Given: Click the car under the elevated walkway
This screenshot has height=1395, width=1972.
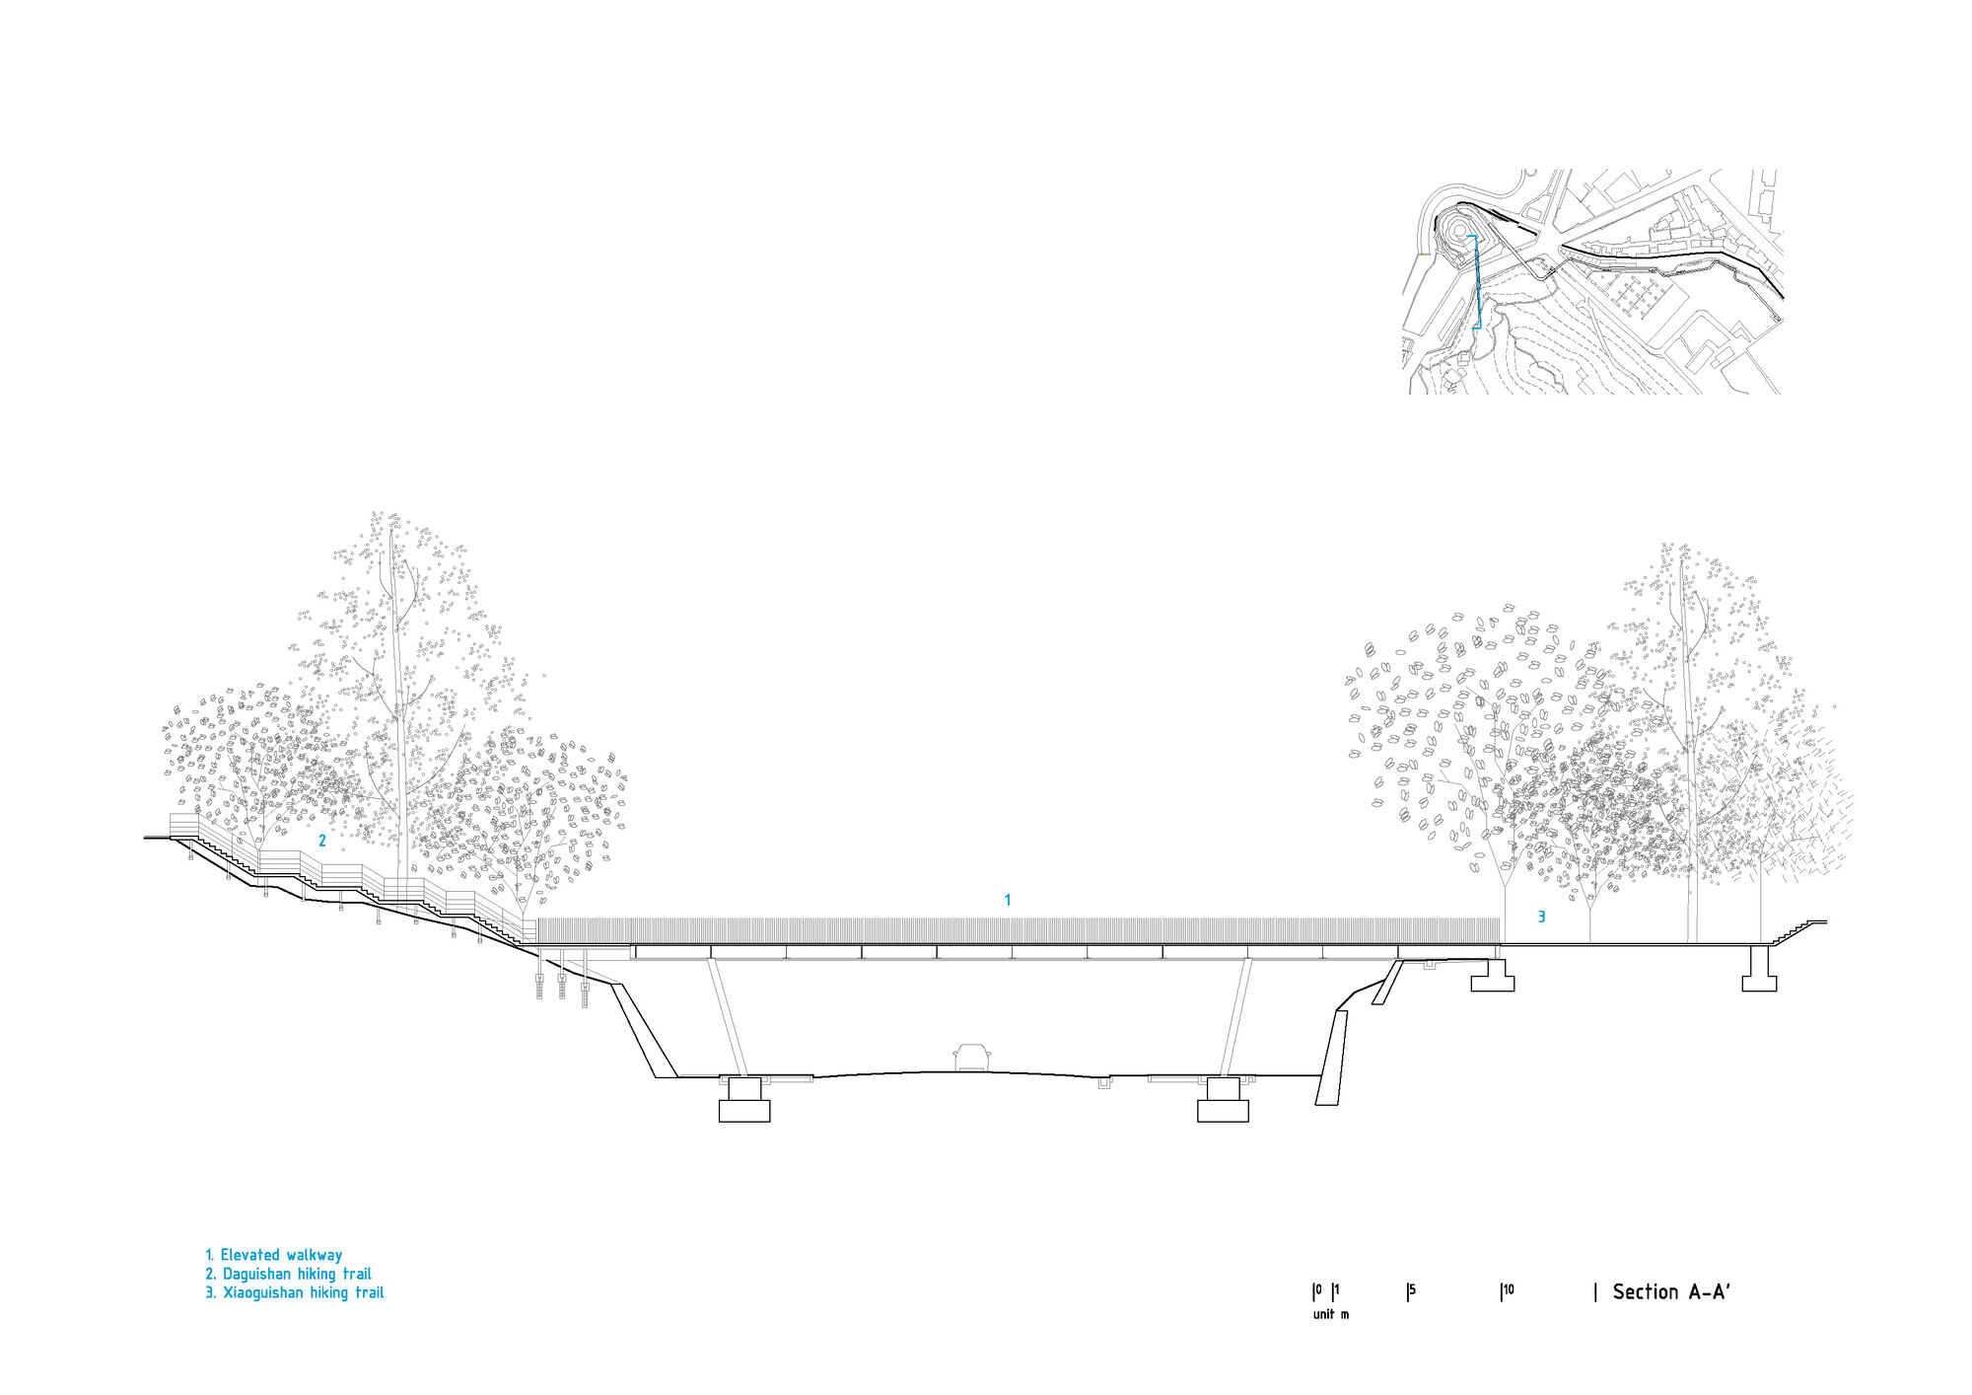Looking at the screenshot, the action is (971, 1058).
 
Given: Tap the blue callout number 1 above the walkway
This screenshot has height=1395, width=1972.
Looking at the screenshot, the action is (1008, 900).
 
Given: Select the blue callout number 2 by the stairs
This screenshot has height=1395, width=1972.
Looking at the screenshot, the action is (322, 842).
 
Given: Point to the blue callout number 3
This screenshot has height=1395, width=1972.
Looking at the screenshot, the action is (1542, 918).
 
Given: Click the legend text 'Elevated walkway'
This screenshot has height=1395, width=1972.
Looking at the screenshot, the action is (281, 1255).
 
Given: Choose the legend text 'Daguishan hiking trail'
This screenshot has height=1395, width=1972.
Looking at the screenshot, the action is (297, 1274).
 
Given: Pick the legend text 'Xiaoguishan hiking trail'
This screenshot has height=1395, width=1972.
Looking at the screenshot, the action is (303, 1292).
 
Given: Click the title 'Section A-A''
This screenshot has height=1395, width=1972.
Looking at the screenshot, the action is (1671, 1292).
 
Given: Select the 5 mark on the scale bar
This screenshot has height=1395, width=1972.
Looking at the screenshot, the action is (1412, 1290).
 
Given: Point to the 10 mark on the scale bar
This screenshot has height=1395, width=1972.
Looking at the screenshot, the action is (1508, 1290).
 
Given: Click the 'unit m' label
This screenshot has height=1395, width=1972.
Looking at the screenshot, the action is (1331, 1314).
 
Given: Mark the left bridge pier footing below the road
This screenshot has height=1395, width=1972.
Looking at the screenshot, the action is (744, 1100).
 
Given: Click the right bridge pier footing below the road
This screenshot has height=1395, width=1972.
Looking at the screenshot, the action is (1223, 1100).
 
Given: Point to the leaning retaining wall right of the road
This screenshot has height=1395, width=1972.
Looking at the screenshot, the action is (1331, 1057).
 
